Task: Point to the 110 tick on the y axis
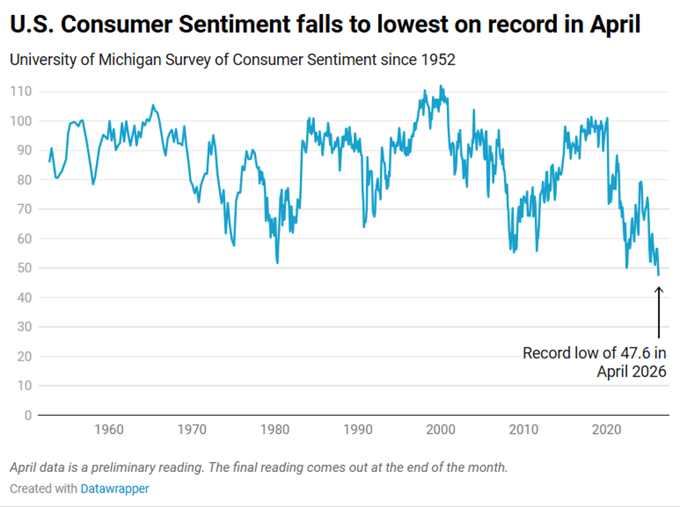click(x=21, y=92)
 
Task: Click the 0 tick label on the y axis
click(x=27, y=415)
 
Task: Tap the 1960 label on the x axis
click(x=109, y=429)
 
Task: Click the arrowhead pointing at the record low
click(x=658, y=289)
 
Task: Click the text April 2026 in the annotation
click(x=631, y=372)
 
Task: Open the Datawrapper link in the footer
click(x=114, y=488)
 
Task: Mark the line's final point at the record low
click(x=658, y=275)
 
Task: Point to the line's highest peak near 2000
click(x=441, y=86)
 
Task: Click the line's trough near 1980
click(x=277, y=263)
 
